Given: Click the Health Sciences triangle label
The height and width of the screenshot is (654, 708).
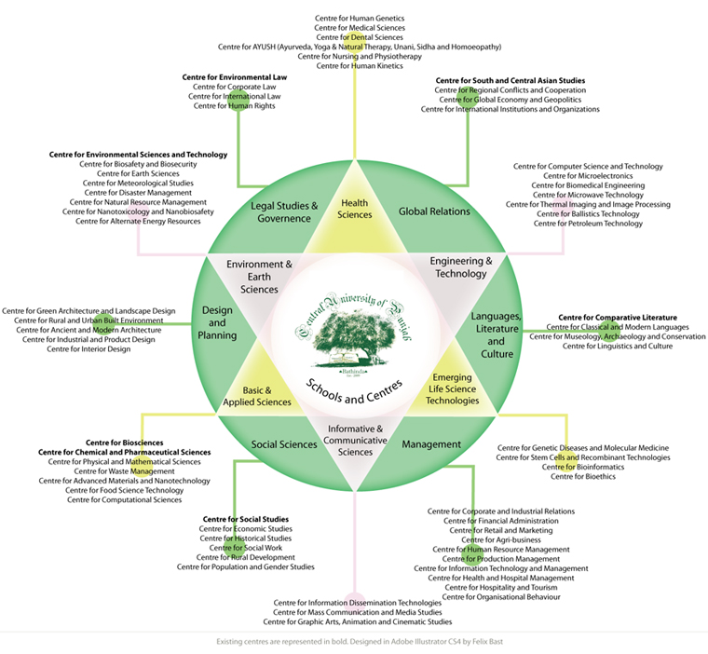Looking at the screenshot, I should tap(355, 208).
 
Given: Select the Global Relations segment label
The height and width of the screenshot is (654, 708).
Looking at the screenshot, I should tap(434, 211).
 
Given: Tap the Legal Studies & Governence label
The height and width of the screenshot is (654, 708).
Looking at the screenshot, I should tap(284, 211).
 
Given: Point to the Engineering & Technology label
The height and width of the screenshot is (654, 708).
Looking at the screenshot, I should tap(460, 267).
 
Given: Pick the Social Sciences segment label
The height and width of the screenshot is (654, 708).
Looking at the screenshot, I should tap(285, 444).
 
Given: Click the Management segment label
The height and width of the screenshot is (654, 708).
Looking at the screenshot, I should tap(431, 444).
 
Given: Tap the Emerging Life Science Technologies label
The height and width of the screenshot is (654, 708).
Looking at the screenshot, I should tap(452, 388).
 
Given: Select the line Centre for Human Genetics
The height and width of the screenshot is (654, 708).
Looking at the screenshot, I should tap(354, 18).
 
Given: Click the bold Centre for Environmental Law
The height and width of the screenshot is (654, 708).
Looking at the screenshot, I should tap(234, 76).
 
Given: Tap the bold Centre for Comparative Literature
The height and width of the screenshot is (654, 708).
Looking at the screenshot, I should tap(618, 318).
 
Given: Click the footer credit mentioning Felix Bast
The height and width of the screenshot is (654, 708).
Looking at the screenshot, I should tap(353, 642).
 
